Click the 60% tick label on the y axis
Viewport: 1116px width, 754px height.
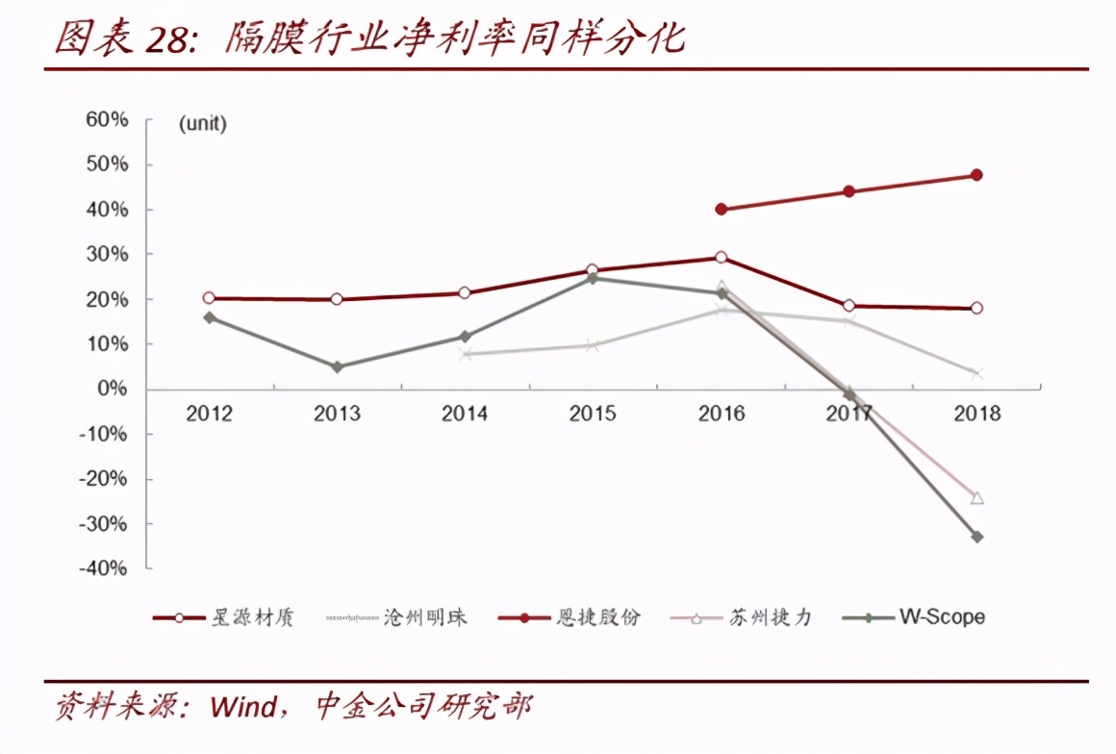pos(107,120)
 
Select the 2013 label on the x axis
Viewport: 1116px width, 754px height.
pos(337,414)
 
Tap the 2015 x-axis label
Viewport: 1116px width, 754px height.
pos(592,414)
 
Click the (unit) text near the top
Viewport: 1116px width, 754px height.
pos(202,124)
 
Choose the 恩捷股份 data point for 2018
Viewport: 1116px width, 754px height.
pos(976,175)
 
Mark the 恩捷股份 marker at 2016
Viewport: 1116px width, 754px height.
pos(722,209)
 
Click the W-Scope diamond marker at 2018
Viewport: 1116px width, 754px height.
pos(976,537)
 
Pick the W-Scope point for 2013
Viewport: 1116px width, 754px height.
pos(337,366)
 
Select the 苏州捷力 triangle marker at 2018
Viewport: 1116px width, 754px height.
pos(976,498)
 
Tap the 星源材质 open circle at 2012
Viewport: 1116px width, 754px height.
pos(209,298)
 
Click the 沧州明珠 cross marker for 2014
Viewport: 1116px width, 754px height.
pos(465,354)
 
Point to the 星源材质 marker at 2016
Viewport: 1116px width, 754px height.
pos(722,258)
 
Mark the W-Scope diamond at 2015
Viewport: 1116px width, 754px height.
pos(592,279)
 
